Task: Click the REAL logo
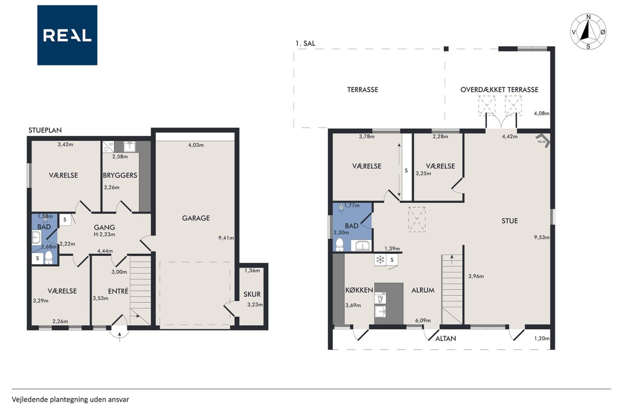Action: point(67,35)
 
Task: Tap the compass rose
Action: point(588,32)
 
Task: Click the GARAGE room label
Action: point(196,218)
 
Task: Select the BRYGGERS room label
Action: point(120,175)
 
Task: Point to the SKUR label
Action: point(252,294)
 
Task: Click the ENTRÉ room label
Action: point(118,291)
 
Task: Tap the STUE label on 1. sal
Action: point(510,221)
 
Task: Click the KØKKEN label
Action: point(359,290)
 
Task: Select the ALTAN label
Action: point(446,339)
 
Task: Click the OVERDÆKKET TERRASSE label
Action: point(499,90)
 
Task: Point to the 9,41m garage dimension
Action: point(226,238)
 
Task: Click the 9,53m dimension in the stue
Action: point(542,237)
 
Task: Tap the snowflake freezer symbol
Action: point(380,260)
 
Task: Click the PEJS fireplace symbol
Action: point(543,141)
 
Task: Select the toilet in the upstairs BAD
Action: point(339,245)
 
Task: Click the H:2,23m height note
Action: point(104,234)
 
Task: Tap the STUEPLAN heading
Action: point(45,130)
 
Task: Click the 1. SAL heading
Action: point(305,43)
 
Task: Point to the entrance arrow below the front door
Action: point(120,337)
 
